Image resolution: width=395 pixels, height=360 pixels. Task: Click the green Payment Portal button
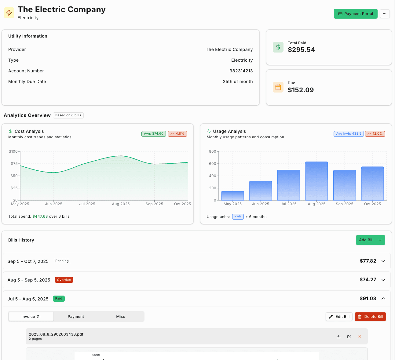[x=356, y=14]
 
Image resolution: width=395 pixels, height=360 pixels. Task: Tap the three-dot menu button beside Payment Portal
[x=385, y=14]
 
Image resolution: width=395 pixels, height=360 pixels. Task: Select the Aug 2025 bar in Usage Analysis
[x=316, y=181]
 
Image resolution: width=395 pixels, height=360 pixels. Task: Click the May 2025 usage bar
[x=232, y=196]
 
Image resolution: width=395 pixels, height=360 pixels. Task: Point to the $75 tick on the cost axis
[x=14, y=164]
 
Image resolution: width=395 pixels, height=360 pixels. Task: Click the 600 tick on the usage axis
[x=213, y=164]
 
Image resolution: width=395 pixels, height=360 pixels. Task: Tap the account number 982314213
[x=241, y=71]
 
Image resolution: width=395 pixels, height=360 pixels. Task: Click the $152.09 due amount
[x=301, y=90]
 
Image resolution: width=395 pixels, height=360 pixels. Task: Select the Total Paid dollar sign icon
[x=278, y=47]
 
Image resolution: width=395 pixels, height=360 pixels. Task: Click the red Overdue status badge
[x=64, y=280]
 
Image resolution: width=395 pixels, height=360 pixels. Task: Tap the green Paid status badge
[x=59, y=299]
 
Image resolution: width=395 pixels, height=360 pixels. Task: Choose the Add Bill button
[x=366, y=240]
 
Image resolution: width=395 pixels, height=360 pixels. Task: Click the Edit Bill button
[x=339, y=317]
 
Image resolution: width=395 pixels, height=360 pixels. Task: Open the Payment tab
[x=76, y=317]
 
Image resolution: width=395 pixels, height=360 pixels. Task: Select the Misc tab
[x=121, y=317]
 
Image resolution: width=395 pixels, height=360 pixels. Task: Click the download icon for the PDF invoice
[x=338, y=336]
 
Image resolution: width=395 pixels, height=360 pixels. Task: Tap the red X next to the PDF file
[x=360, y=336]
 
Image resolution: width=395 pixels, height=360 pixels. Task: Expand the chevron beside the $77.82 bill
[x=383, y=261]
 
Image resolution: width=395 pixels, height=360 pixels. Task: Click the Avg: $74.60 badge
[x=154, y=134]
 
